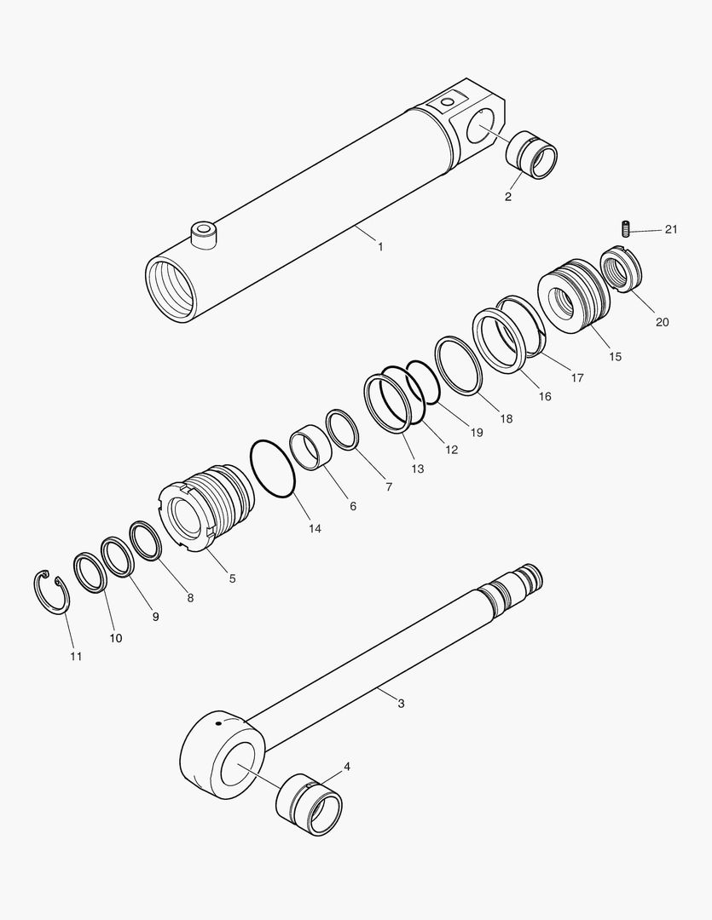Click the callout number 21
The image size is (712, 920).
(671, 229)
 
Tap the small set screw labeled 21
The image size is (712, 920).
(626, 228)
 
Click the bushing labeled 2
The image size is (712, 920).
(531, 155)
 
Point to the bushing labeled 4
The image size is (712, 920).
(309, 804)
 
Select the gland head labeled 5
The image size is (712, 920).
(207, 508)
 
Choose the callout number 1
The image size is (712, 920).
(380, 247)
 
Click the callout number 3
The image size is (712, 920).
(402, 703)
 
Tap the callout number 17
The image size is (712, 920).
(577, 378)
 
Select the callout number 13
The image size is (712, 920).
(417, 469)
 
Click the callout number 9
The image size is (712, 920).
(155, 617)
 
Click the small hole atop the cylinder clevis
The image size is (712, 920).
(448, 103)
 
